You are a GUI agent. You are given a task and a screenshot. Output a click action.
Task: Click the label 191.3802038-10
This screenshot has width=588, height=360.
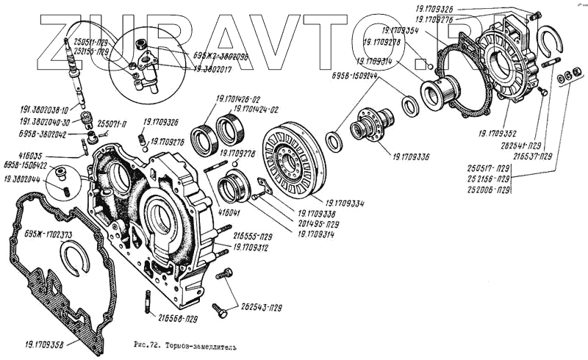[45, 109]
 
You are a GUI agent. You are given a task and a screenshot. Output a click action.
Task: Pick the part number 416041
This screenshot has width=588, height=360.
[229, 211]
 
